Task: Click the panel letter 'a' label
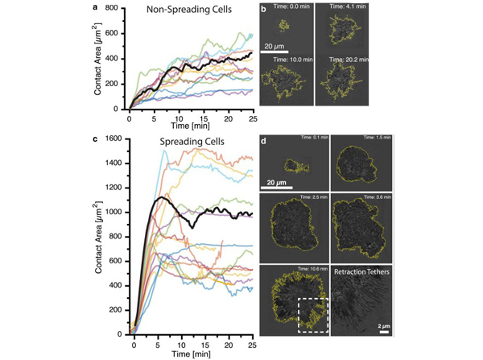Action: [x=97, y=7]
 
